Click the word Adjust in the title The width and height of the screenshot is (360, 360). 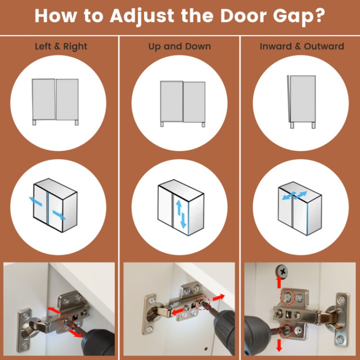[142, 17]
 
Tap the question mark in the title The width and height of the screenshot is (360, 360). [319, 16]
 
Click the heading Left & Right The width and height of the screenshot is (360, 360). [61, 46]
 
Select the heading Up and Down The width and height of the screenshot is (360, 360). [180, 46]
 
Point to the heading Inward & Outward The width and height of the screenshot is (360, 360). [302, 46]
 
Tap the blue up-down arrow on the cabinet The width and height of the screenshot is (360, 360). [181, 214]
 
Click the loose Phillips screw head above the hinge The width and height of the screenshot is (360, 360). [282, 272]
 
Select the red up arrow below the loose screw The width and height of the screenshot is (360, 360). [279, 282]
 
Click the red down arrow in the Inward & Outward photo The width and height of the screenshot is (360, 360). [279, 345]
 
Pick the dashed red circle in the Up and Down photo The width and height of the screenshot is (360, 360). [202, 302]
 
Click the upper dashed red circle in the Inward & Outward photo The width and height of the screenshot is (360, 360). [288, 297]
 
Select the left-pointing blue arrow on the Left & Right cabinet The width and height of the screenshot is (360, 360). [36, 201]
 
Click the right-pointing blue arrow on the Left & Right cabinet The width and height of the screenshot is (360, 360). [59, 215]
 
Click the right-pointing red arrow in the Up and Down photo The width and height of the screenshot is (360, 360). [219, 297]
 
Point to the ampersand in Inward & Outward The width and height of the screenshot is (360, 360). [297, 46]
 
